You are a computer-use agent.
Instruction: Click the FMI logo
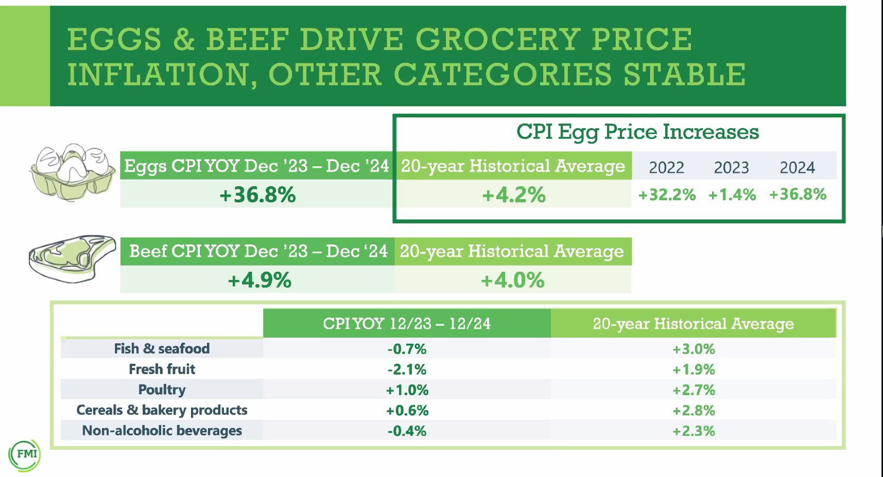tap(25, 454)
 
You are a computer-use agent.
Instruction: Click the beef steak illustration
tap(72, 258)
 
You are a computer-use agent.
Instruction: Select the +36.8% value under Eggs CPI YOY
tap(257, 195)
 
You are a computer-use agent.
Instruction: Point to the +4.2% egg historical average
tap(513, 195)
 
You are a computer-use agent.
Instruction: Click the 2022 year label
tap(666, 167)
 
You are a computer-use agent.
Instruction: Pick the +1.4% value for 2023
tap(732, 195)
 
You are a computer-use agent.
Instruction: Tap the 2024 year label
tap(797, 167)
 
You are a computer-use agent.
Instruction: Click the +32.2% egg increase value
tap(667, 195)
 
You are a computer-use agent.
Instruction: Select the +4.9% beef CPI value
tap(259, 280)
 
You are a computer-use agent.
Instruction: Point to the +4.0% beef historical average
tap(512, 280)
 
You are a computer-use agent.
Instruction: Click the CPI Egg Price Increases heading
tap(637, 132)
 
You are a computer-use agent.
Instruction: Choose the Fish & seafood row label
tap(162, 348)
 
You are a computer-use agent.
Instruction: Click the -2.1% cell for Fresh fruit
tap(407, 369)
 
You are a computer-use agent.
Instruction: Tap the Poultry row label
tap(162, 390)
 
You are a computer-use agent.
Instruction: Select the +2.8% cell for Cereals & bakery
tap(694, 411)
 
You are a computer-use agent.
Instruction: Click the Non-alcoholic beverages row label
tap(162, 431)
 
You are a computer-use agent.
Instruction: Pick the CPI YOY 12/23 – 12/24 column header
tap(407, 323)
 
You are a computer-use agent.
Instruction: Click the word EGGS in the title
tap(114, 40)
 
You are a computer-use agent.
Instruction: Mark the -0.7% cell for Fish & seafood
tap(407, 349)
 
